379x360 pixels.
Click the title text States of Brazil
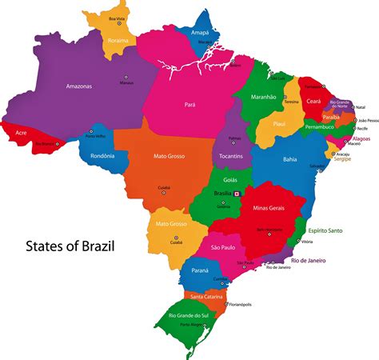coord(70,246)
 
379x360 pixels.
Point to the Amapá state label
coord(200,33)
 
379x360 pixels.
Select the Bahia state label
coord(289,159)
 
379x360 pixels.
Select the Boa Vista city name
coord(118,18)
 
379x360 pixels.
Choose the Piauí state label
coord(279,124)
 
